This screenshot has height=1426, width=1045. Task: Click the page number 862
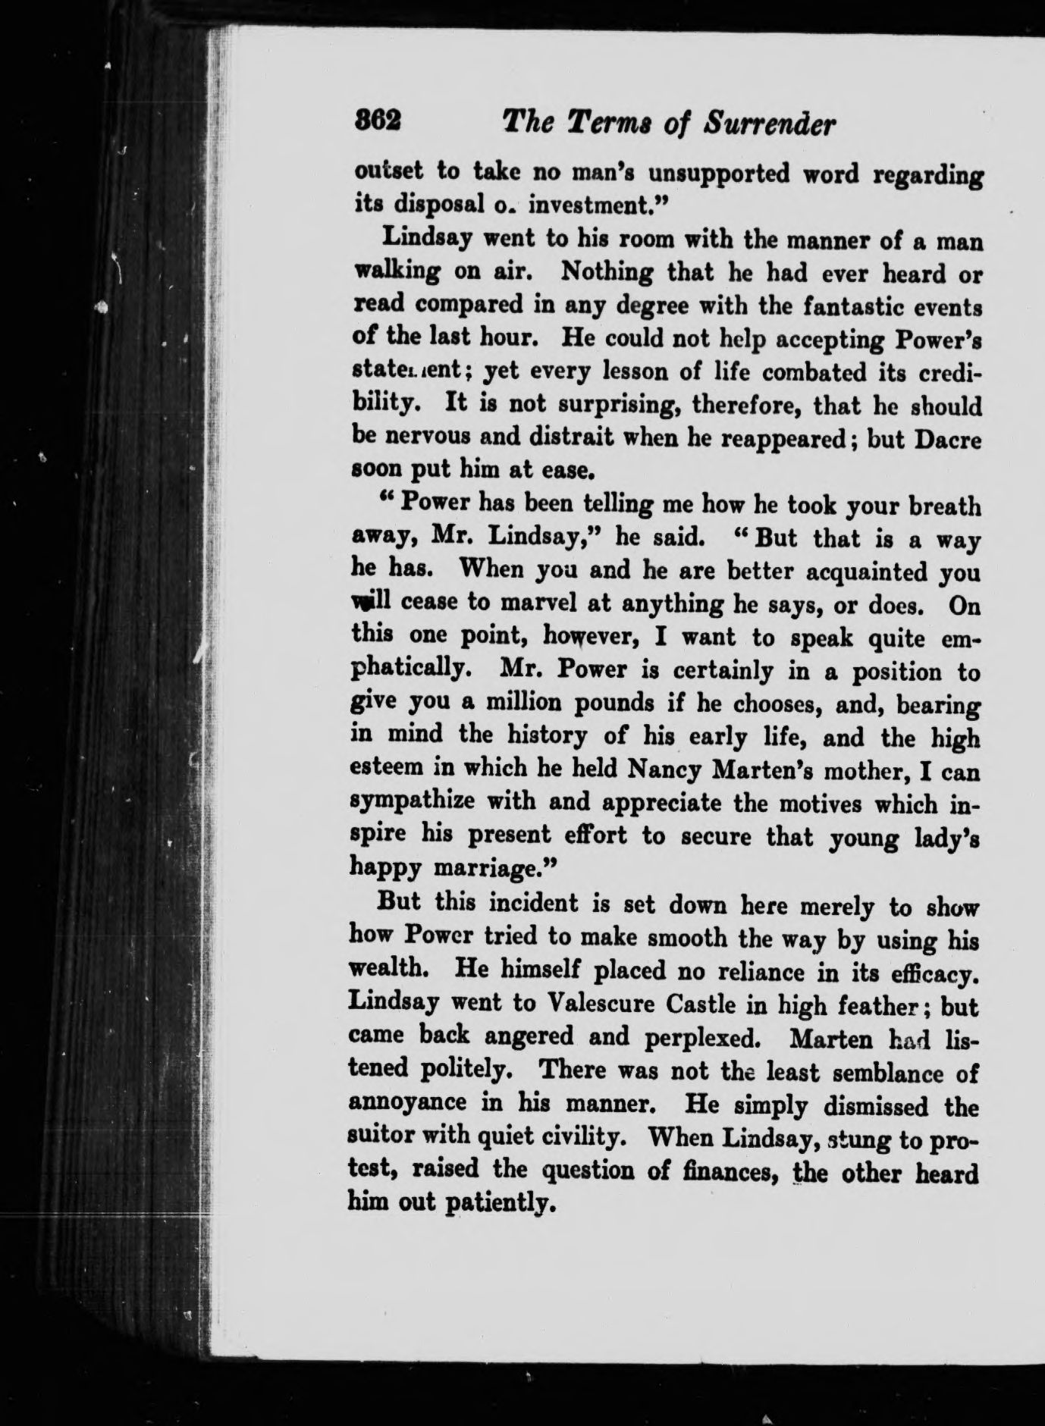(378, 122)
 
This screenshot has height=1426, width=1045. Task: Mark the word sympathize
(422, 804)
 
